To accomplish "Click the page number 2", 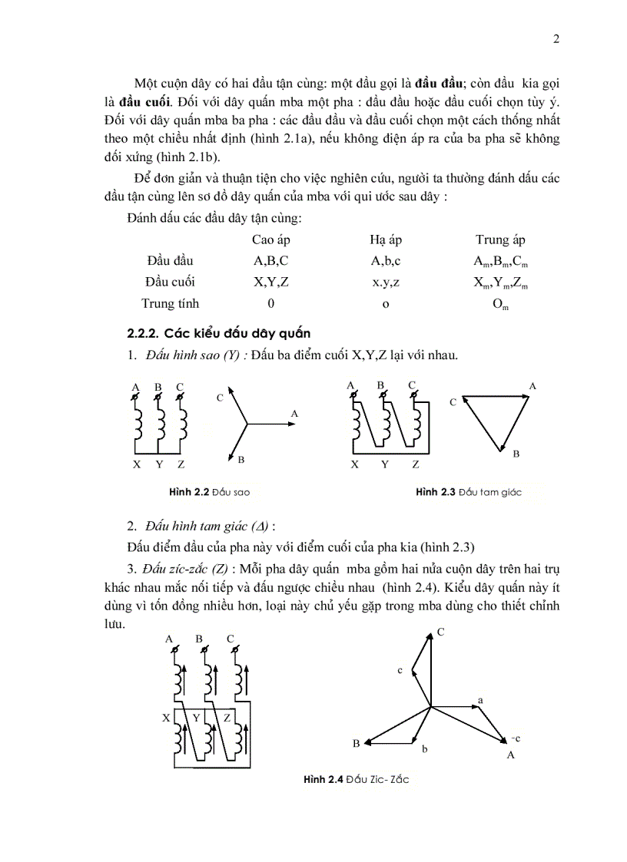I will coord(556,40).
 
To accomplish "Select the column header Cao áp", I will coord(270,240).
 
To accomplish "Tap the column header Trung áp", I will coord(500,240).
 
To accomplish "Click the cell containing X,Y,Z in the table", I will coord(270,282).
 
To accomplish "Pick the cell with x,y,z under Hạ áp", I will coord(386,282).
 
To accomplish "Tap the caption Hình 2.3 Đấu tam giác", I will coord(468,492).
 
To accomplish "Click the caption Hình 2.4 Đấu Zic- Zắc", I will coord(356,780).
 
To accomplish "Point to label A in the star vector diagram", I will coord(294,413).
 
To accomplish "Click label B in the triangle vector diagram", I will coord(516,454).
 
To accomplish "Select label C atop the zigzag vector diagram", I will coord(441,632).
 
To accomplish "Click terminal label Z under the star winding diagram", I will coord(181,464).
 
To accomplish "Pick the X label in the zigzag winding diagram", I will coord(166,718).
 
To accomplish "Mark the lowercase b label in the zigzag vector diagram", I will coord(424,748).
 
